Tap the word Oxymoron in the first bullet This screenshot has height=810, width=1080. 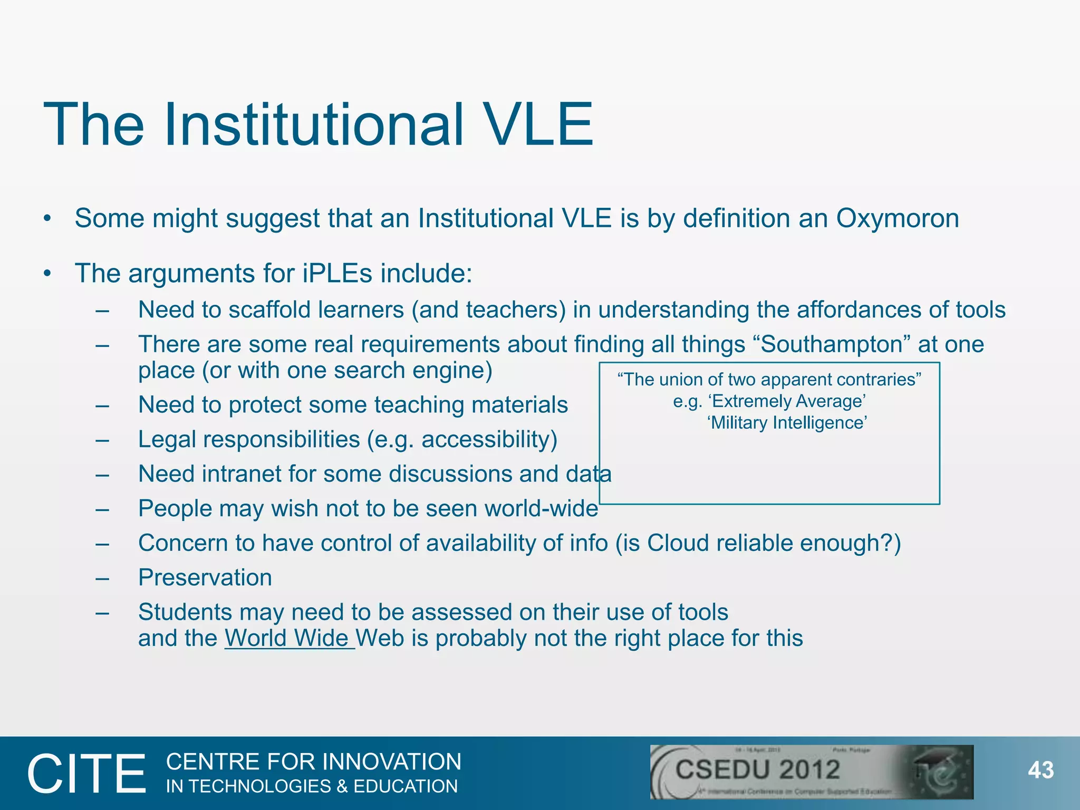tap(897, 218)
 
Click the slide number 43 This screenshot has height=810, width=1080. tap(1040, 770)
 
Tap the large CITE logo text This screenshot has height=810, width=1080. tap(86, 774)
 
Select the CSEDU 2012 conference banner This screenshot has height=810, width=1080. tap(811, 772)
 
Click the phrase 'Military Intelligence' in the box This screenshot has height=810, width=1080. tap(787, 423)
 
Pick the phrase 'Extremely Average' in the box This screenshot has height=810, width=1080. tap(787, 401)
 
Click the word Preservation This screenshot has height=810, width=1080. tap(205, 577)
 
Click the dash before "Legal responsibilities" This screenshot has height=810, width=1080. tap(102, 440)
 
